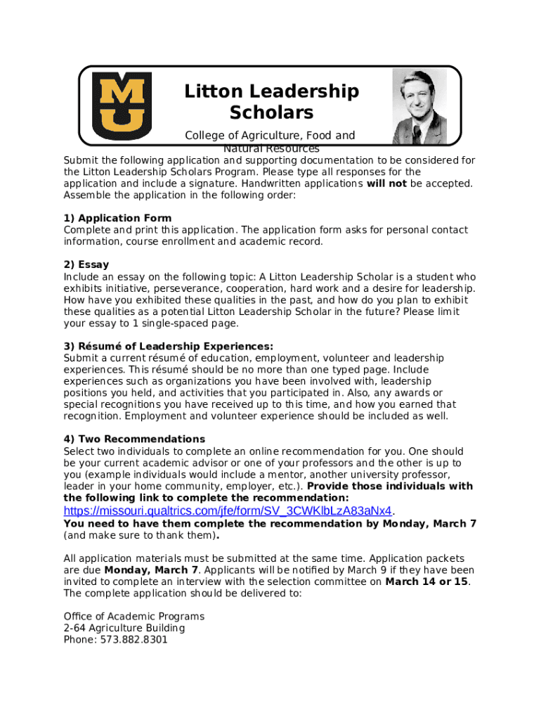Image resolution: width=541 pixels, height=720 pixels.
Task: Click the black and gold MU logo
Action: pos(122,106)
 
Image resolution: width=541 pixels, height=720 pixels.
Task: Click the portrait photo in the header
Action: pos(419,106)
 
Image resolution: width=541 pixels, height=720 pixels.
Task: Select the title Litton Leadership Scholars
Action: pos(271,102)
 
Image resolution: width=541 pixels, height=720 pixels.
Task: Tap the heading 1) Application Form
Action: pos(117,218)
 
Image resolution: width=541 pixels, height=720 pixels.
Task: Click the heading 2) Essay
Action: pos(86,265)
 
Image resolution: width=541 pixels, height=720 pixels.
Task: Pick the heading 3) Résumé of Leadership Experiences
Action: pos(168,347)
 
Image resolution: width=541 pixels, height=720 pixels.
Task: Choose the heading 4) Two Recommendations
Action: pos(134,439)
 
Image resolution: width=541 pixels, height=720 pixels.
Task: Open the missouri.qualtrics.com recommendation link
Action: pos(227,510)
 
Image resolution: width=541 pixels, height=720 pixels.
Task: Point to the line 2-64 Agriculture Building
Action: pos(124,628)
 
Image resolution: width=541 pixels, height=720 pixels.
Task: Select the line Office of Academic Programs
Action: pos(133,617)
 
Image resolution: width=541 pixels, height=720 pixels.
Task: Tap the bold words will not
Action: pos(386,184)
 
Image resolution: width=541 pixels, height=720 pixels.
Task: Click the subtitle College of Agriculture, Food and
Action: pos(270,135)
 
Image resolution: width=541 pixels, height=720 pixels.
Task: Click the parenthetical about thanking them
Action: pos(140,536)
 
